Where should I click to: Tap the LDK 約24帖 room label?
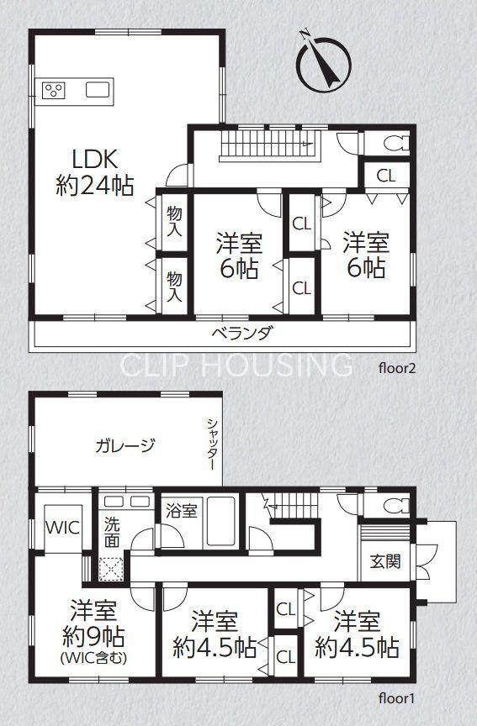pyautogui.click(x=95, y=172)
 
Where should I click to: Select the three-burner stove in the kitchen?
pyautogui.click(x=54, y=90)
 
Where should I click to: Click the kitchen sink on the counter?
pyautogui.click(x=98, y=89)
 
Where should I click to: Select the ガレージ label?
pyautogui.click(x=125, y=445)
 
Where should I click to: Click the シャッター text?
pyautogui.click(x=211, y=445)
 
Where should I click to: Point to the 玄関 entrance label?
pyautogui.click(x=385, y=561)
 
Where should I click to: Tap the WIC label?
pyautogui.click(x=62, y=528)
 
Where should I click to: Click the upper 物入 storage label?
pyautogui.click(x=174, y=222)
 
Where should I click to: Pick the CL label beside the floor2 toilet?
pyautogui.click(x=385, y=176)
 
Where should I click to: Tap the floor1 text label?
pyautogui.click(x=397, y=698)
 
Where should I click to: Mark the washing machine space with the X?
pyautogui.click(x=111, y=569)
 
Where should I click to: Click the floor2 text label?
pyautogui.click(x=398, y=369)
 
